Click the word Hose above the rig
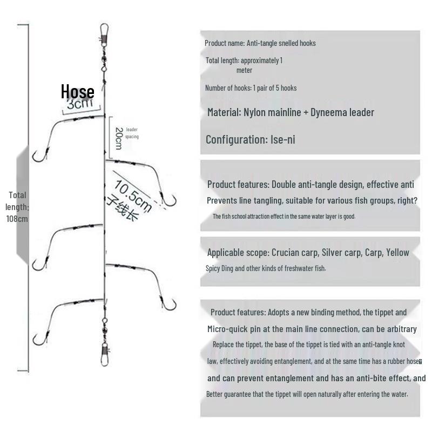click(78, 92)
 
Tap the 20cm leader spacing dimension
click(118, 139)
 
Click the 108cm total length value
click(17, 219)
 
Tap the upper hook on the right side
click(170, 201)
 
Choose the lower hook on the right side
click(169, 305)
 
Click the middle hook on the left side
click(37, 264)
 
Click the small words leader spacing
click(132, 133)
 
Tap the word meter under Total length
click(244, 70)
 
